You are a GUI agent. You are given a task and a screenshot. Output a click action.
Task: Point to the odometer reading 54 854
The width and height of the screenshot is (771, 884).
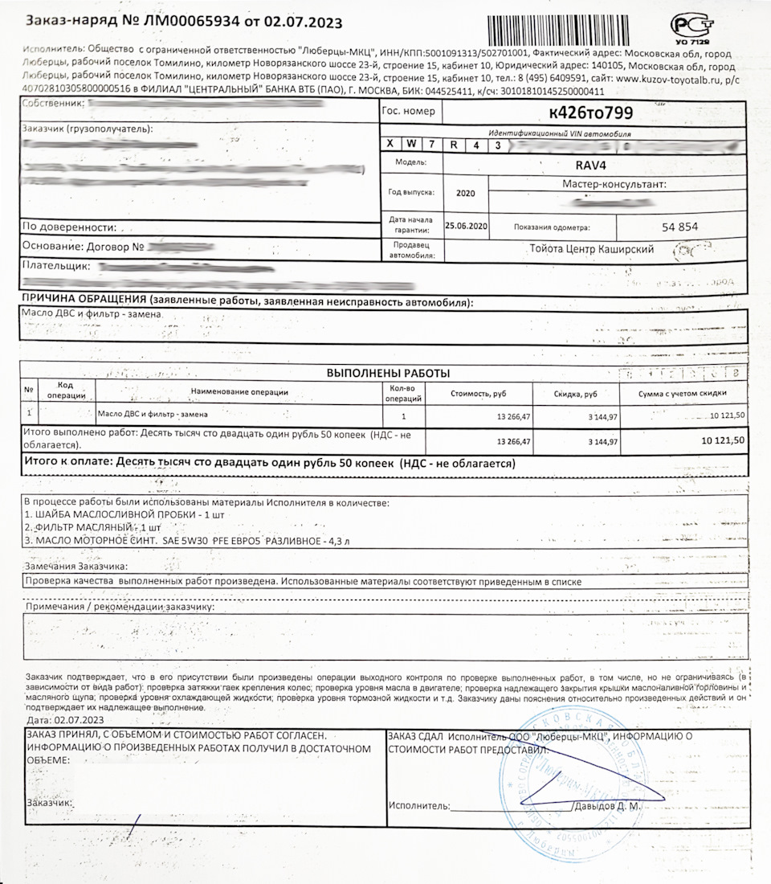pyautogui.click(x=680, y=227)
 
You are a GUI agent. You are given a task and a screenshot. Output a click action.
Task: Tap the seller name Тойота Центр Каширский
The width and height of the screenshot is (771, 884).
pyautogui.click(x=592, y=249)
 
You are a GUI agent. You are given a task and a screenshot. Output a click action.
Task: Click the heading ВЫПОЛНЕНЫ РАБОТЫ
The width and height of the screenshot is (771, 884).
pyautogui.click(x=389, y=373)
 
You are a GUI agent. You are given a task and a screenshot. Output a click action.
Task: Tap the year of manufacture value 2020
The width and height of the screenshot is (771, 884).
pyautogui.click(x=466, y=194)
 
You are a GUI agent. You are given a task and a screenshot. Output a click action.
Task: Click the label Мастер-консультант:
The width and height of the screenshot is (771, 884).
pyautogui.click(x=616, y=185)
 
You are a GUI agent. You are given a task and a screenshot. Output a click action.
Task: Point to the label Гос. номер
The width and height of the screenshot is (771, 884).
pyautogui.click(x=410, y=112)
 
